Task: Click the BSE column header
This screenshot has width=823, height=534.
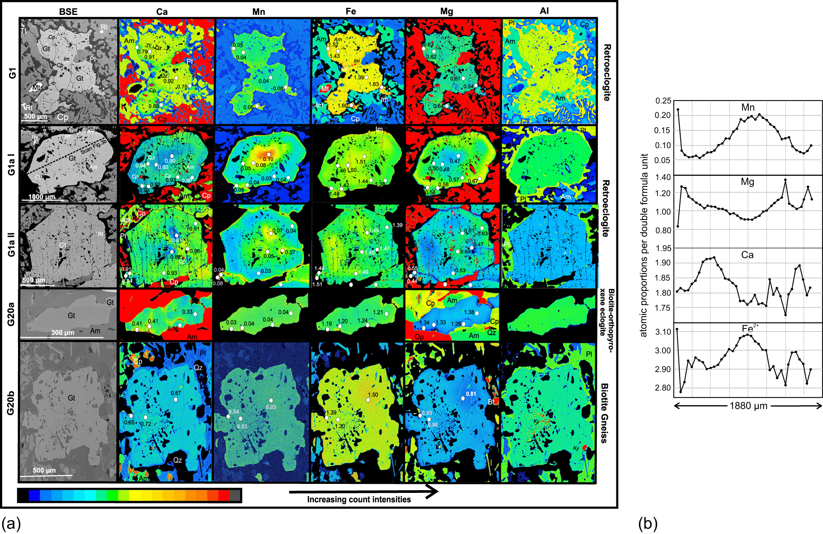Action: (x=68, y=12)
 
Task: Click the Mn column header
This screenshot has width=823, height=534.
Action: (x=259, y=12)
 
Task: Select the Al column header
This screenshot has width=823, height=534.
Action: (x=544, y=11)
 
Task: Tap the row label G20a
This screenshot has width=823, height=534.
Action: (x=11, y=314)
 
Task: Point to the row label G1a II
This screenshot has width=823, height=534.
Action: (x=11, y=245)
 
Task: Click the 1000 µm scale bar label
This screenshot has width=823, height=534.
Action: (x=41, y=197)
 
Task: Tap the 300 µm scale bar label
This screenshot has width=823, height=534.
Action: (x=63, y=332)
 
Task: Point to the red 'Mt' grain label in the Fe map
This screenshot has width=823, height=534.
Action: (x=325, y=89)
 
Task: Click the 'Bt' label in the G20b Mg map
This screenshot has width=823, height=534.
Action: (x=492, y=402)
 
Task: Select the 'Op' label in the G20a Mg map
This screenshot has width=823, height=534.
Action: (x=419, y=337)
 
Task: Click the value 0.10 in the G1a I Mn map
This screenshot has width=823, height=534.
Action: (x=268, y=159)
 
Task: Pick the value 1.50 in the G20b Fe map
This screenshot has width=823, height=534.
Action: (x=373, y=395)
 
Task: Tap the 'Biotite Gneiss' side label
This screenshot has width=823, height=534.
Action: (x=604, y=413)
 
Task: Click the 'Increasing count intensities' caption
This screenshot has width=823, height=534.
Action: (x=359, y=500)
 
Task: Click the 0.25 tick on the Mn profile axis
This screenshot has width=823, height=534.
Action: (x=663, y=101)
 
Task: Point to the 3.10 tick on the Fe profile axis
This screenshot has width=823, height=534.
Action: (x=663, y=332)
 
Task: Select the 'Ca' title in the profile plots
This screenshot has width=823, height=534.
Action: (x=747, y=255)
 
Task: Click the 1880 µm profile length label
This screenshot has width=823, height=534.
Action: (x=748, y=406)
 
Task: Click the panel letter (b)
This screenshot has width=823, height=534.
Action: (x=648, y=523)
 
